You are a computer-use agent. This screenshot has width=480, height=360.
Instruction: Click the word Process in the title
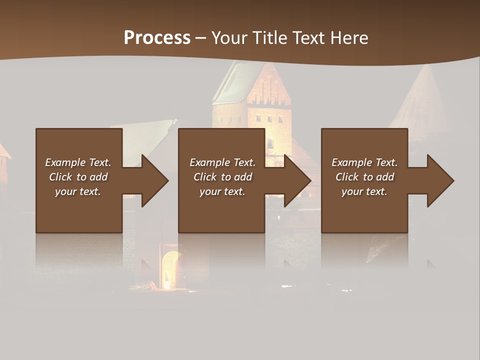point(157,38)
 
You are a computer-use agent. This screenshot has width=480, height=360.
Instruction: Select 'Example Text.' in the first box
point(78,162)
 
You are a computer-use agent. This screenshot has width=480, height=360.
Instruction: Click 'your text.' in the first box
point(78,191)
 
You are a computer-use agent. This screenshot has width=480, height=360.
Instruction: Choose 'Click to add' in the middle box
point(222,177)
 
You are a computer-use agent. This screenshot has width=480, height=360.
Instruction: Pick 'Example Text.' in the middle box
point(222,162)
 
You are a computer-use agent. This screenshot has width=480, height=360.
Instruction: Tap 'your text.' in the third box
point(364,191)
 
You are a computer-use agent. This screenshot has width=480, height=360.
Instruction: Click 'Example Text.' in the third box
point(364,162)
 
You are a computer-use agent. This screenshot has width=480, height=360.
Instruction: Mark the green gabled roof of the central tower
point(232,82)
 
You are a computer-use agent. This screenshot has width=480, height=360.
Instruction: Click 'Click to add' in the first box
point(78,177)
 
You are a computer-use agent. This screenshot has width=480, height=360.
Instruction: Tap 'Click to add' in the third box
point(364,177)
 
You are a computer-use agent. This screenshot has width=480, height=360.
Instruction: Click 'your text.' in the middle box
point(222,191)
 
